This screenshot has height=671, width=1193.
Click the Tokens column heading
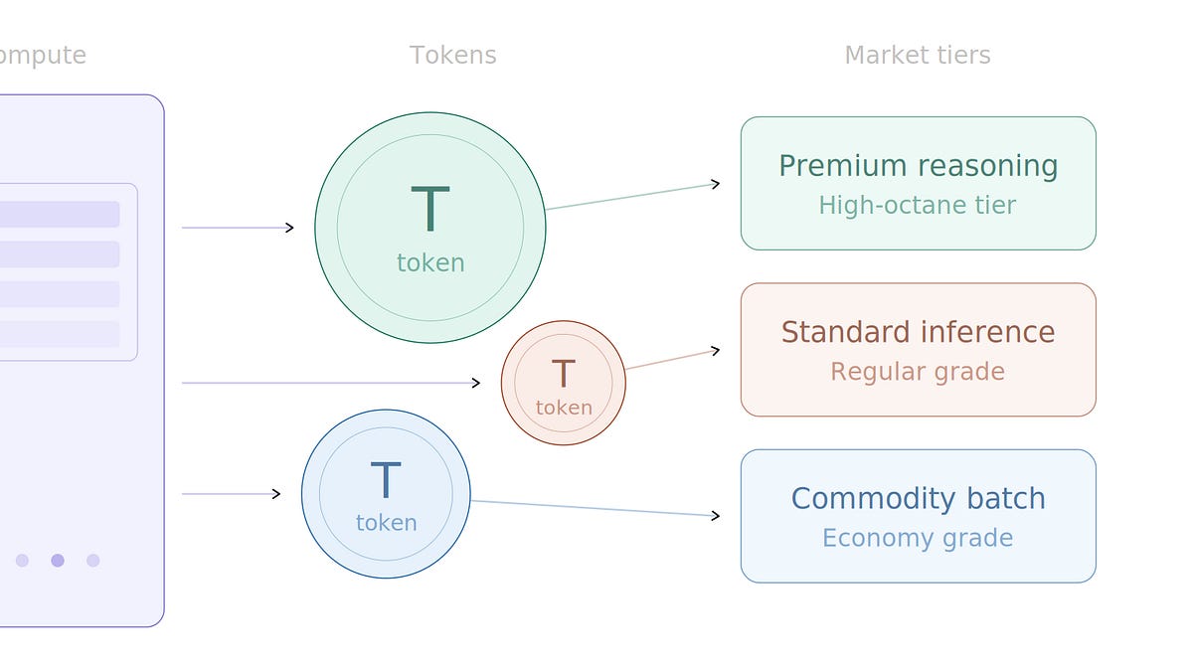(452, 56)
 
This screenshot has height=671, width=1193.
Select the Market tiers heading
(917, 56)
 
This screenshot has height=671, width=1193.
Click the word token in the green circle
(430, 262)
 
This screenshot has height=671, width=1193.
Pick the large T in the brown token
(563, 374)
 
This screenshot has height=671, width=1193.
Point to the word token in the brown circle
(564, 408)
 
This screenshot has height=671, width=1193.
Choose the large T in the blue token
(385, 481)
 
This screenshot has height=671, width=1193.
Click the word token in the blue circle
(386, 523)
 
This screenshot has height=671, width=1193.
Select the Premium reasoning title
(918, 166)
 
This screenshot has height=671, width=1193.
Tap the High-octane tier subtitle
(917, 206)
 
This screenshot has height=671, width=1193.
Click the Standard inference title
(918, 332)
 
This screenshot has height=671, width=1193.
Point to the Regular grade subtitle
(917, 372)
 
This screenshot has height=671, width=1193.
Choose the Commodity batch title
(918, 498)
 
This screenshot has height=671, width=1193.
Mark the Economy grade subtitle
(917, 538)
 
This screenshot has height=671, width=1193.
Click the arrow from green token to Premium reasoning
(632, 196)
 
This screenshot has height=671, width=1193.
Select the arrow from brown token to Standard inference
(672, 360)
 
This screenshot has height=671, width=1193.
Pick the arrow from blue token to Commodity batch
(595, 508)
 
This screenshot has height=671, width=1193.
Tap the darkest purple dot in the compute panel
(58, 561)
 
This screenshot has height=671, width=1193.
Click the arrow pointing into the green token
(239, 228)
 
